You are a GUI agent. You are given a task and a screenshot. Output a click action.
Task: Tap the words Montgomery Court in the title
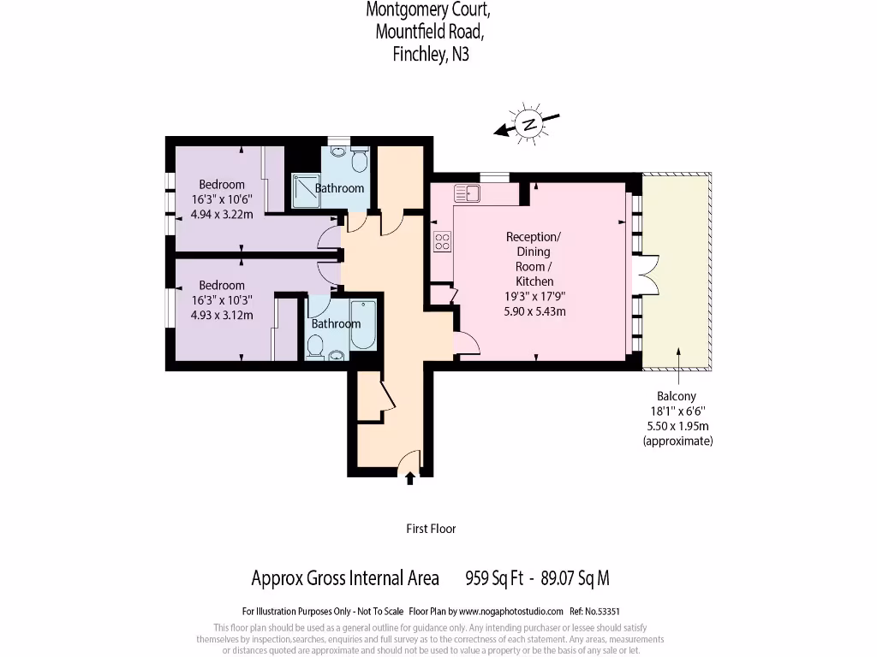point(428,10)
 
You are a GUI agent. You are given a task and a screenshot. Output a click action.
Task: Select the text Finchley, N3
point(430,55)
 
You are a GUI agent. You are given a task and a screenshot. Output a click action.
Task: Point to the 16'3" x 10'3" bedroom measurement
point(222,300)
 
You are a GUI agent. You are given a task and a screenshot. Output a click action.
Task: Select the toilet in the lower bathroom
point(315,346)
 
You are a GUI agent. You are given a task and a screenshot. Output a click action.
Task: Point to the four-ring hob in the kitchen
point(442,242)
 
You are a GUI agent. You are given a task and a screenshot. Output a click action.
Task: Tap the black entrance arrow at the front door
point(409,478)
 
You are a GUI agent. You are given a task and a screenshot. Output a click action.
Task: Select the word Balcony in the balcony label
point(677,396)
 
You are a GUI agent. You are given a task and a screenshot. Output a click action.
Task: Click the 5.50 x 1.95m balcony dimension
point(677,426)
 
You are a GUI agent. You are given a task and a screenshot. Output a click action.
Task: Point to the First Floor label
point(431,529)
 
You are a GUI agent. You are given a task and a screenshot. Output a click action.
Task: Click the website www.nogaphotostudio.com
point(511,612)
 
